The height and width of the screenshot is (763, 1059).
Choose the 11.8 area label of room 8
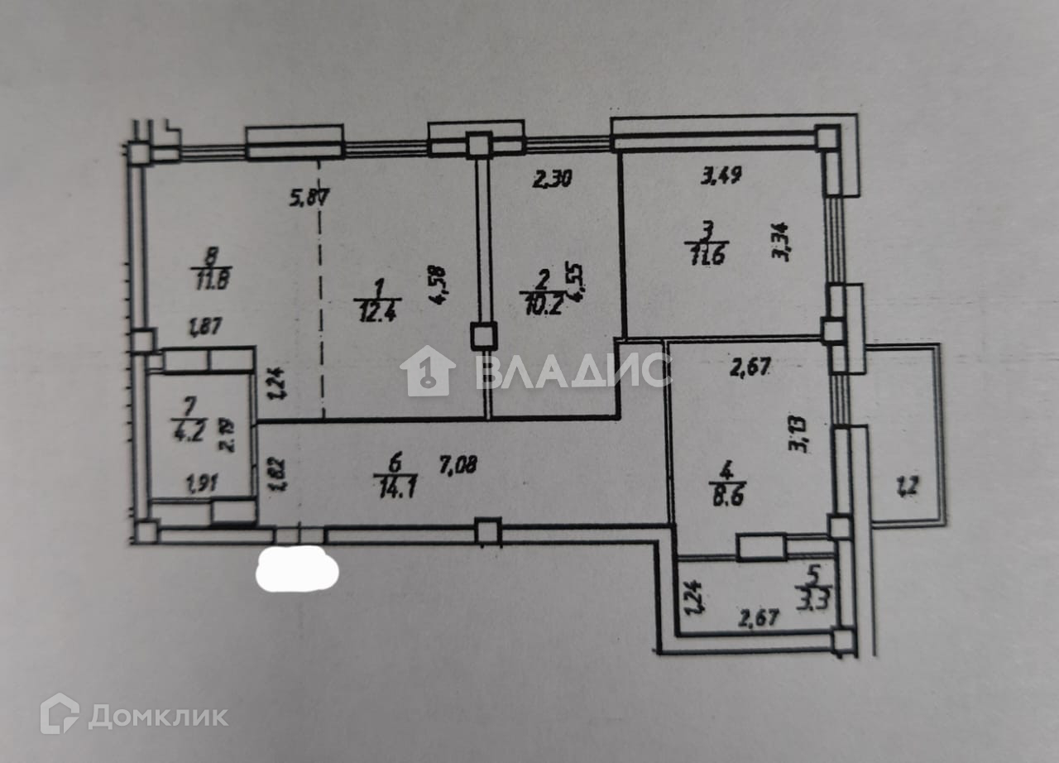pyautogui.click(x=212, y=279)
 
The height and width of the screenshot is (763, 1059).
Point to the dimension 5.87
pyautogui.click(x=309, y=199)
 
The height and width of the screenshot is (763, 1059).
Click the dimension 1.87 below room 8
pyautogui.click(x=205, y=329)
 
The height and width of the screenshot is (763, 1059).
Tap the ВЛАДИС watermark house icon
pyautogui.click(x=428, y=370)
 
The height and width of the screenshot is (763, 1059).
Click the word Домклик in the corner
pyautogui.click(x=157, y=716)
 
